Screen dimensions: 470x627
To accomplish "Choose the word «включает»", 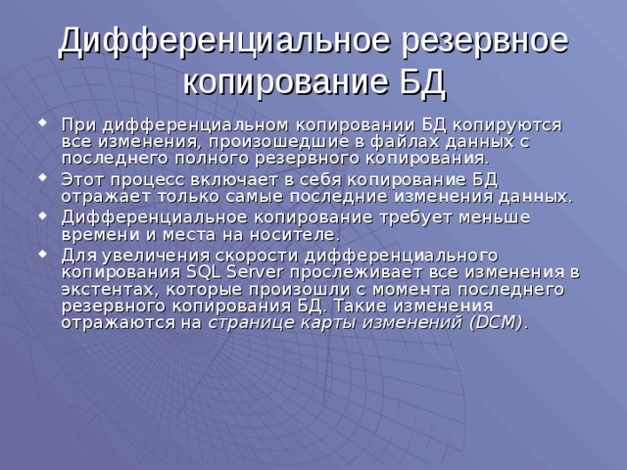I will pyautogui.click(x=230, y=179).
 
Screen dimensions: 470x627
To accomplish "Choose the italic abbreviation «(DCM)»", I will pyautogui.click(x=493, y=322).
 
